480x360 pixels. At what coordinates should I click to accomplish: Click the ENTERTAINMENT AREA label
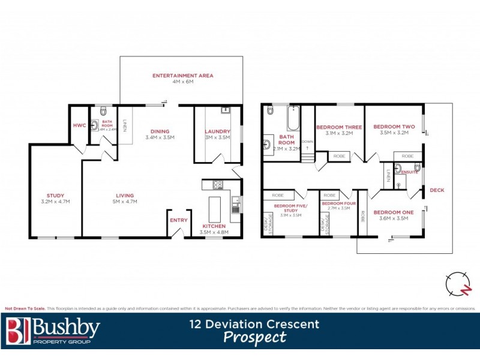pyautogui.click(x=182, y=76)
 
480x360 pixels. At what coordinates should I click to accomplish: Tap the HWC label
pyautogui.click(x=79, y=125)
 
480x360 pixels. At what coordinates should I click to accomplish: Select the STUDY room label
pyautogui.click(x=55, y=195)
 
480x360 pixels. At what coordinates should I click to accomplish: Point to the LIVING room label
pyautogui.click(x=125, y=195)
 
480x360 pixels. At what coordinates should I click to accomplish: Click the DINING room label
pyautogui.click(x=160, y=131)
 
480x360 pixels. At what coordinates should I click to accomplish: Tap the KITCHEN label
pyautogui.click(x=214, y=226)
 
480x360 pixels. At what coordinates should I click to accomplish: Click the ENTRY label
pyautogui.click(x=178, y=220)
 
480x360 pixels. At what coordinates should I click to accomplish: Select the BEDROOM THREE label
pyautogui.click(x=339, y=127)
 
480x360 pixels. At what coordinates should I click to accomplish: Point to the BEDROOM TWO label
pyautogui.click(x=394, y=127)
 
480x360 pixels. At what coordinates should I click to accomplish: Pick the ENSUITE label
pyautogui.click(x=410, y=172)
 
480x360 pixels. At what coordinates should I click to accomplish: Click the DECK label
pyautogui.click(x=437, y=190)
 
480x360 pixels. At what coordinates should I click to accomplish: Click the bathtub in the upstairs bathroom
pyautogui.click(x=293, y=119)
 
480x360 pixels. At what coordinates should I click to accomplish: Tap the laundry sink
pyautogui.click(x=226, y=110)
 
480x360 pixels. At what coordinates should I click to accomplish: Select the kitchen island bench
pyautogui.click(x=215, y=206)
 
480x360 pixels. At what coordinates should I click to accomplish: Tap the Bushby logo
pyautogui.click(x=53, y=331)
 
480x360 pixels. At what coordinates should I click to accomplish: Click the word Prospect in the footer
pyautogui.click(x=254, y=337)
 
